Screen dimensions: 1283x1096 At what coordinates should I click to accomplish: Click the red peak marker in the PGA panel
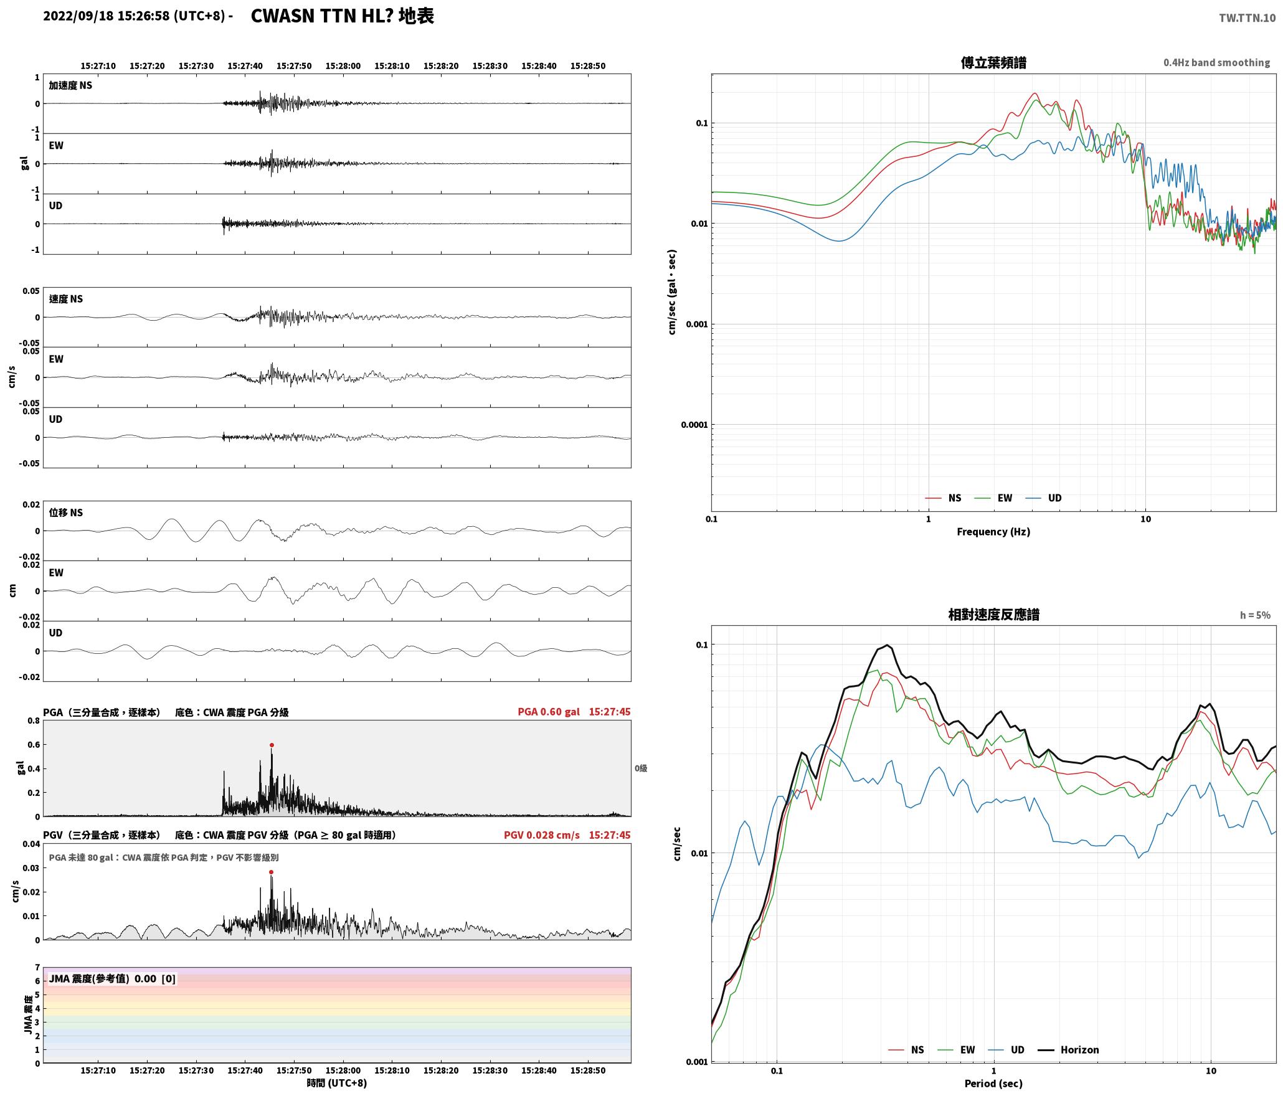(x=272, y=745)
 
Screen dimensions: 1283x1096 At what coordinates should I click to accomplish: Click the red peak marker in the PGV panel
(x=271, y=872)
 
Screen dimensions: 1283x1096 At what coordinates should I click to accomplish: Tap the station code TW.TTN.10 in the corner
(x=1247, y=18)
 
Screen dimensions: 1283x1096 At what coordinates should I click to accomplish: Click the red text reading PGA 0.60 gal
(x=548, y=712)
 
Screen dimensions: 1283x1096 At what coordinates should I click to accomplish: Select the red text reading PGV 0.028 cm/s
(x=541, y=835)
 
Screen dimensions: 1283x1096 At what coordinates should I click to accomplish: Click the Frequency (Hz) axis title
(x=993, y=531)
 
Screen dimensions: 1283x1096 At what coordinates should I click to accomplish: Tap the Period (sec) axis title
(x=993, y=1083)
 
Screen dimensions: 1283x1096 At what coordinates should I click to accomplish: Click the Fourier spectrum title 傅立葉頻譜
(x=993, y=63)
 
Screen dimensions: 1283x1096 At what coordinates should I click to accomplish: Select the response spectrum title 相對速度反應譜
(x=993, y=615)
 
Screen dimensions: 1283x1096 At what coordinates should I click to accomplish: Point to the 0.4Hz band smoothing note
(x=1216, y=63)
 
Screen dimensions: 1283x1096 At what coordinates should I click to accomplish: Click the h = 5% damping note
(x=1255, y=615)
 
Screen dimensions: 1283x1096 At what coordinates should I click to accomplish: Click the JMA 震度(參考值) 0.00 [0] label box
(x=112, y=978)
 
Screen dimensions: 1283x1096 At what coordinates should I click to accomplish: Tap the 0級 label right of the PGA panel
(x=641, y=768)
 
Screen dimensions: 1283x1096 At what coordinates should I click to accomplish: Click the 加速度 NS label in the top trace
(x=70, y=85)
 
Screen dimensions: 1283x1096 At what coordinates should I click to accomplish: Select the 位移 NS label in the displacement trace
(x=66, y=513)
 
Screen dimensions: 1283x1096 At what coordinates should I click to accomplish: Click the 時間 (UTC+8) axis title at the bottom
(x=336, y=1083)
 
